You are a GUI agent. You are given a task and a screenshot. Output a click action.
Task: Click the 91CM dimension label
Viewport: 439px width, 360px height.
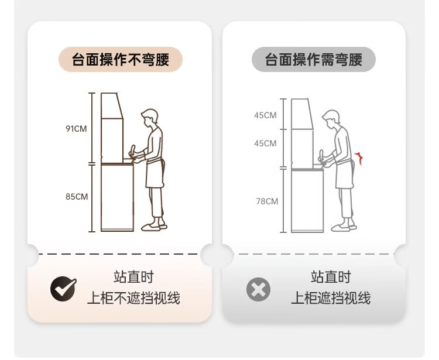pos(76,129)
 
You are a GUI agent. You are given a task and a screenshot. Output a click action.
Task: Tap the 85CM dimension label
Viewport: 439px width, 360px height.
pos(77,197)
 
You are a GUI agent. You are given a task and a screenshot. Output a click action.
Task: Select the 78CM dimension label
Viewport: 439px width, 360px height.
pos(267,201)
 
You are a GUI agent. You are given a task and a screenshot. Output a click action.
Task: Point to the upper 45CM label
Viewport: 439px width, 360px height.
pos(265,115)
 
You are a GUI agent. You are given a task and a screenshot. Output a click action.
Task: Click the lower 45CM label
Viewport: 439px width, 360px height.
pos(265,143)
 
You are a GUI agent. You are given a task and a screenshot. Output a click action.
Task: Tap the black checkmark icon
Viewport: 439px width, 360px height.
pos(64,289)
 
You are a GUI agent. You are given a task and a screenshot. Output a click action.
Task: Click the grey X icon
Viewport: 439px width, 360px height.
pos(258,289)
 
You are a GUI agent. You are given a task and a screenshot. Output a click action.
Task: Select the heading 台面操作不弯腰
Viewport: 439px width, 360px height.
pos(121,59)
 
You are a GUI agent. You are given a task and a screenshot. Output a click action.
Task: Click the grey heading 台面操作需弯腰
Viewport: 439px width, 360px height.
pos(314,59)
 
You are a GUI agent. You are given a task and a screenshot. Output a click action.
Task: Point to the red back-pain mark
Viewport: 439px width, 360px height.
pos(359,158)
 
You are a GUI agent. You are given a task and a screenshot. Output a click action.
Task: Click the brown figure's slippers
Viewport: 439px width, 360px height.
pos(155,227)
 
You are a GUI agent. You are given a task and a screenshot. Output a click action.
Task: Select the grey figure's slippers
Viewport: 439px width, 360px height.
pos(344,228)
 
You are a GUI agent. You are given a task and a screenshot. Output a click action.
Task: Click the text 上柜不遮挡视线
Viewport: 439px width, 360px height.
pos(133,297)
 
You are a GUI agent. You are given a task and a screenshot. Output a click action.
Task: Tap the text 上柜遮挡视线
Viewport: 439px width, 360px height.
pos(331,297)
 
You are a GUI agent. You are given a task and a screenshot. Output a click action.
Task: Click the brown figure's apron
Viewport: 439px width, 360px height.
pos(155,173)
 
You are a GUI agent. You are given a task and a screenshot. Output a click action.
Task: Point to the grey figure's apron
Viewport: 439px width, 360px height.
pos(345,174)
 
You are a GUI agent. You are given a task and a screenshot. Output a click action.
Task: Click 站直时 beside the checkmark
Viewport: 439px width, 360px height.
pos(134,277)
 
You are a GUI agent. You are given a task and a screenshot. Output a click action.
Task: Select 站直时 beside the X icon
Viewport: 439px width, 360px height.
pos(331,277)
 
